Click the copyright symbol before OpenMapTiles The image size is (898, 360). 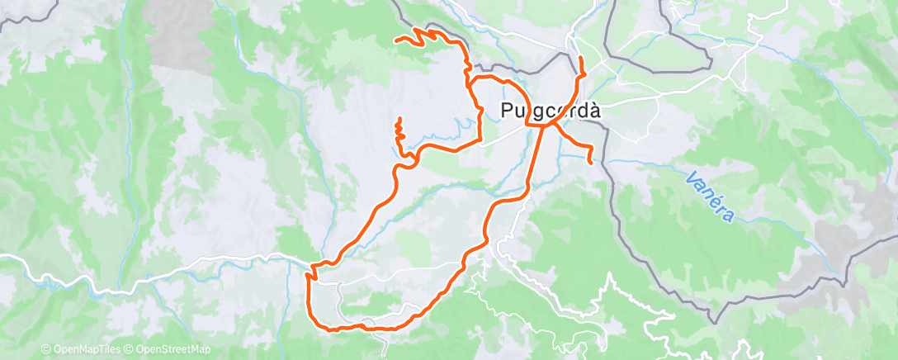tap(45, 349)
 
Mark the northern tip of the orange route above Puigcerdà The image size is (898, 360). tap(581, 58)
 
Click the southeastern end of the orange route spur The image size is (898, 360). tap(591, 163)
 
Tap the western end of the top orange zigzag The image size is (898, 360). tap(397, 40)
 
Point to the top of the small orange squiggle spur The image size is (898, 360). tap(399, 120)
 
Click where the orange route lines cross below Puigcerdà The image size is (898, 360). tap(546, 124)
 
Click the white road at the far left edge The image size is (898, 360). tap(4, 258)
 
